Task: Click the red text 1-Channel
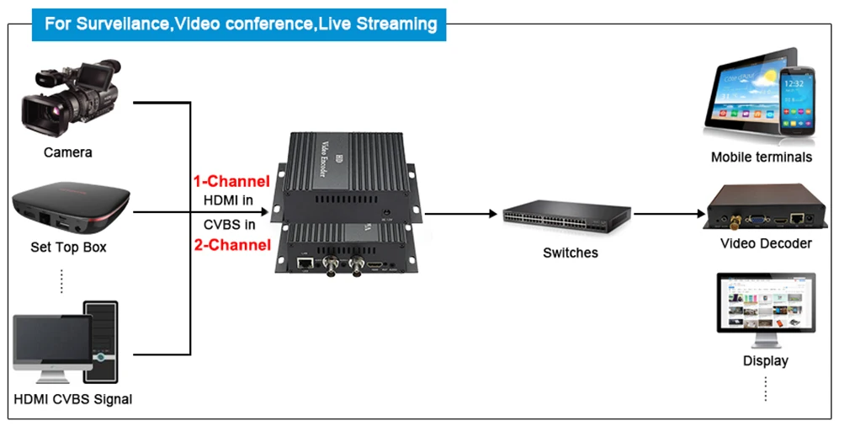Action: click(x=231, y=181)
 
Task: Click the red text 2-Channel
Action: click(x=231, y=245)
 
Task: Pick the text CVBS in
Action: click(x=229, y=224)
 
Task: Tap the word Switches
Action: click(x=570, y=253)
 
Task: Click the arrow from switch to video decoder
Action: click(x=669, y=214)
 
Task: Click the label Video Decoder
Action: click(x=766, y=243)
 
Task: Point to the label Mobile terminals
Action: click(x=761, y=157)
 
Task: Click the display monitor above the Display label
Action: click(x=765, y=307)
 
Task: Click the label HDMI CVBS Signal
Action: click(x=73, y=399)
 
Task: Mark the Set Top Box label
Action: click(x=68, y=248)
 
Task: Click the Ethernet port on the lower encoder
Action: click(x=304, y=264)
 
